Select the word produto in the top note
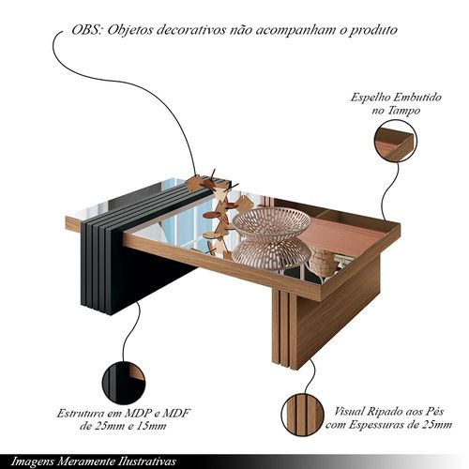click(x=372, y=31)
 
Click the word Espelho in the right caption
click(x=370, y=98)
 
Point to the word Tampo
click(x=404, y=111)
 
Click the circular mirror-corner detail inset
click(x=396, y=141)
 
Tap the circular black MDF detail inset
click(x=124, y=382)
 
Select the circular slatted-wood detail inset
click(x=302, y=415)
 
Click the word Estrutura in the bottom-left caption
click(x=80, y=414)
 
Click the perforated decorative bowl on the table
click(x=271, y=222)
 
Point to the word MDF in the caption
click(x=175, y=414)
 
